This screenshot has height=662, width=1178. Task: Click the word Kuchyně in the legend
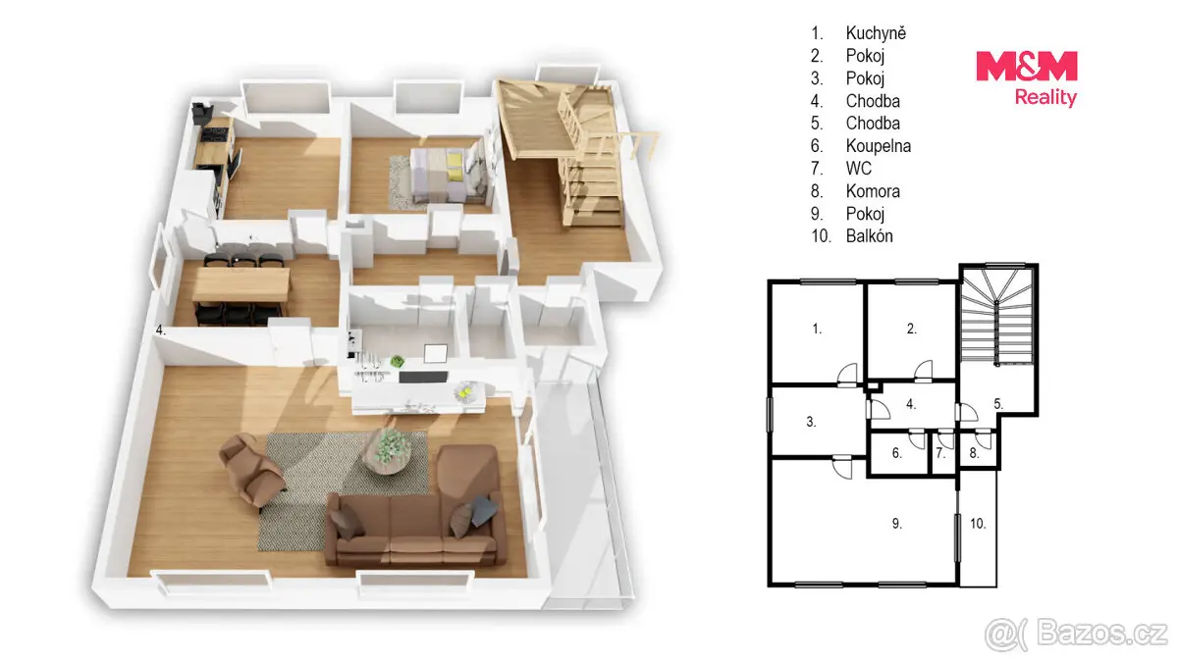(876, 33)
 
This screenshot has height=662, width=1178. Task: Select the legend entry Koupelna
(879, 145)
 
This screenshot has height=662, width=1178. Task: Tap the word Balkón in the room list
(870, 236)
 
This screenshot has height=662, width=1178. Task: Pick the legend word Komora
(873, 190)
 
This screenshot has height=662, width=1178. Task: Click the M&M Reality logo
(1027, 78)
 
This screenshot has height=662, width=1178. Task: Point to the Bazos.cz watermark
(1076, 635)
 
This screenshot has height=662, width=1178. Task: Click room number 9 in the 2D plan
(897, 524)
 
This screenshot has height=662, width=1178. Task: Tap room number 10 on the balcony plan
(978, 524)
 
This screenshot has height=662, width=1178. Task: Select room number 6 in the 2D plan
(897, 453)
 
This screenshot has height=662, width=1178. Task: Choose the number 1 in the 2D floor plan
(817, 329)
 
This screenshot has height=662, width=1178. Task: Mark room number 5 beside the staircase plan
(998, 403)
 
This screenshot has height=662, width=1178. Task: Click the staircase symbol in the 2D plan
(997, 316)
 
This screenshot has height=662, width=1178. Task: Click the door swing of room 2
(924, 370)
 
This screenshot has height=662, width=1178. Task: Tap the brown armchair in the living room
(252, 469)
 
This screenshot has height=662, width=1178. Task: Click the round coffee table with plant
(388, 451)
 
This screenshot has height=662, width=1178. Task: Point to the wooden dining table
(241, 284)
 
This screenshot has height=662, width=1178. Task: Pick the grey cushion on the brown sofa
(484, 510)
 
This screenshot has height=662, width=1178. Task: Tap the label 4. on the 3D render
(161, 331)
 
